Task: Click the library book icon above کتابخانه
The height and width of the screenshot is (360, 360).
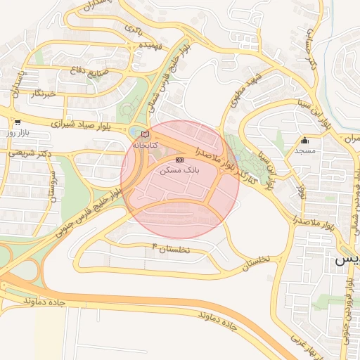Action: (x=146, y=134)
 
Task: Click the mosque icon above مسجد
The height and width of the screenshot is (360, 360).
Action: (x=304, y=141)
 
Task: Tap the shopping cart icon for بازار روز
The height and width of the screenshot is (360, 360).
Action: (x=17, y=122)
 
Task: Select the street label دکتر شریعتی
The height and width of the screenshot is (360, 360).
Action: (x=24, y=151)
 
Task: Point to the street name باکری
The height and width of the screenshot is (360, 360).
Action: (x=134, y=29)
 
